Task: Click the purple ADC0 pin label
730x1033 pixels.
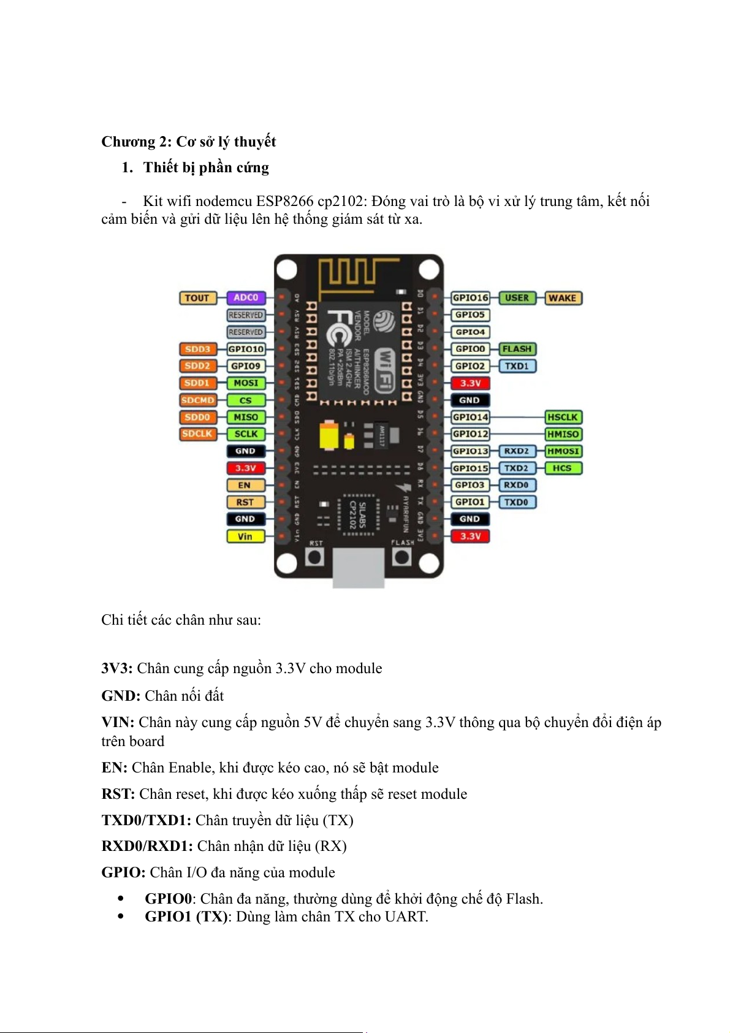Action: coord(246,298)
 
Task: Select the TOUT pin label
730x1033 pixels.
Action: coord(197,298)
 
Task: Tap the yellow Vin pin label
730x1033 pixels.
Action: coord(245,536)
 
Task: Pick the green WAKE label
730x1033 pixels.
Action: coord(562,298)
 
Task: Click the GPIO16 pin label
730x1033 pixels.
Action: coord(470,298)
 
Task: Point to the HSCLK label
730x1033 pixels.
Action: coord(563,417)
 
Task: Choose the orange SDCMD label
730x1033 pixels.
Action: coord(197,400)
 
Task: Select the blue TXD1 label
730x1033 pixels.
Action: coord(517,366)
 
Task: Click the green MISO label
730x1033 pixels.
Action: coord(246,417)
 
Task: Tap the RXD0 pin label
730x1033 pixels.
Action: coord(516,485)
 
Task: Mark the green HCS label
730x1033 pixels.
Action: coord(562,468)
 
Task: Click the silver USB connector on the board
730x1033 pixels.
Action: coord(359,567)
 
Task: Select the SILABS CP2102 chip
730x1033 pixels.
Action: coord(358,515)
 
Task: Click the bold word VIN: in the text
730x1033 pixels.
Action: coord(118,723)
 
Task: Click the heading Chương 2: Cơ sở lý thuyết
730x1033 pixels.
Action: coord(188,142)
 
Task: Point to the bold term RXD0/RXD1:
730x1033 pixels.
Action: coord(147,847)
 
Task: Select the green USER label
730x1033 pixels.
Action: coord(517,298)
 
